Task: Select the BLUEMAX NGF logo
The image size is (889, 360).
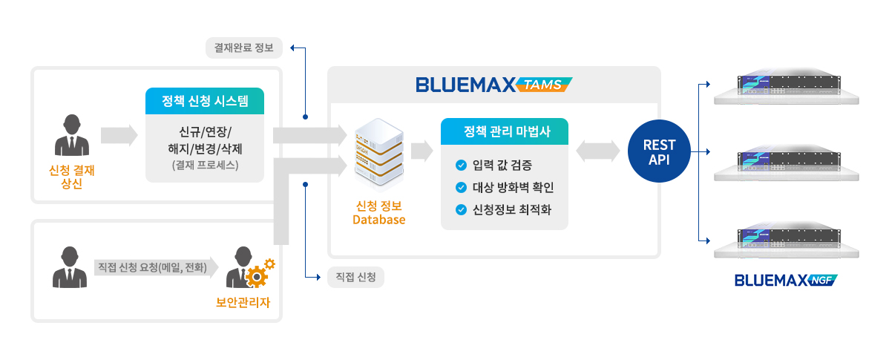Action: (785, 281)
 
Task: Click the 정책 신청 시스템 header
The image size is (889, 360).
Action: (204, 101)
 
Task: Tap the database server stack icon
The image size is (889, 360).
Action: (379, 157)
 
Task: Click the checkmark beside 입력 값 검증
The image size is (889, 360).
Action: (461, 165)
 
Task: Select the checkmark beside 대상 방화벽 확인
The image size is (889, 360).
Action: (461, 187)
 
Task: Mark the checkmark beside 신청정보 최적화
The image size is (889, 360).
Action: (461, 209)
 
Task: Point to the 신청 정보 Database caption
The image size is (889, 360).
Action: (378, 212)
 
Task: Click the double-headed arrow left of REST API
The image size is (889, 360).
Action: (597, 151)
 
